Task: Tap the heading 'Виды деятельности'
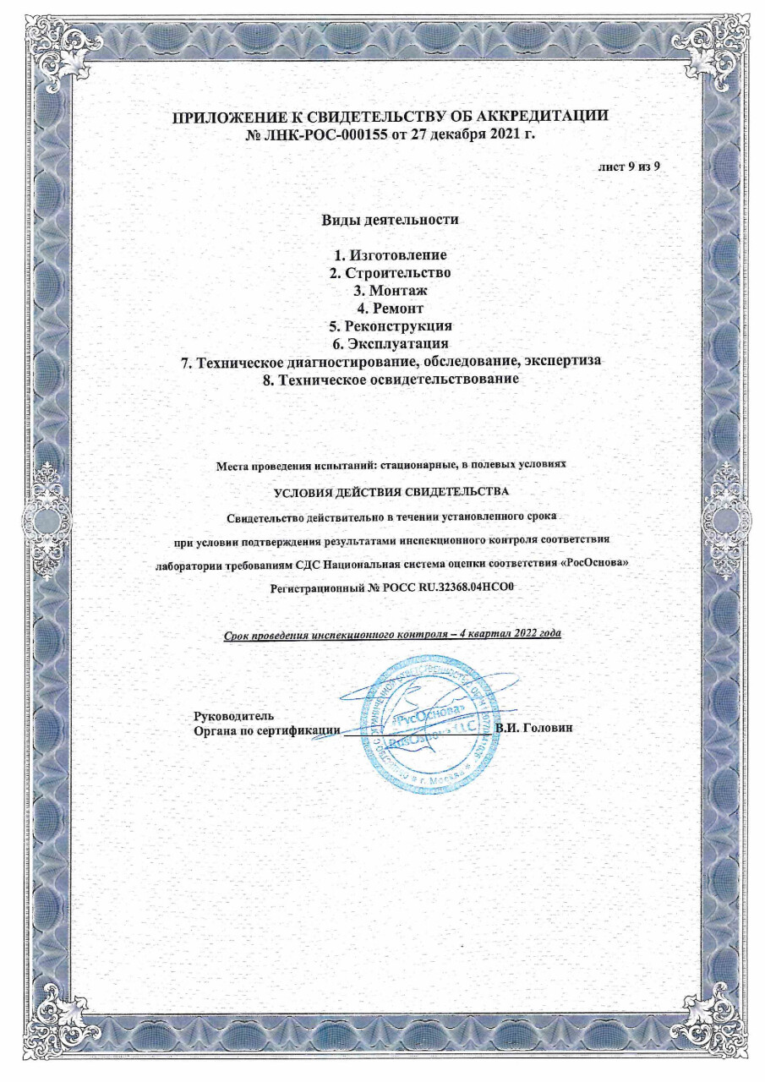tap(390, 220)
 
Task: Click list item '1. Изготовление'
tap(390, 255)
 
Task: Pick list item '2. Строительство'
tap(390, 273)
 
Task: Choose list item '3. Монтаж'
tap(390, 291)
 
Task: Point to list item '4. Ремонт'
tap(390, 309)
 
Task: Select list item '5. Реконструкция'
tap(390, 326)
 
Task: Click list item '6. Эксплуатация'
tap(390, 344)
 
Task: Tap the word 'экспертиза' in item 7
tap(560, 362)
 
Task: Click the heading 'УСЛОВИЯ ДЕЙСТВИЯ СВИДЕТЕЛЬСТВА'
tap(390, 491)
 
